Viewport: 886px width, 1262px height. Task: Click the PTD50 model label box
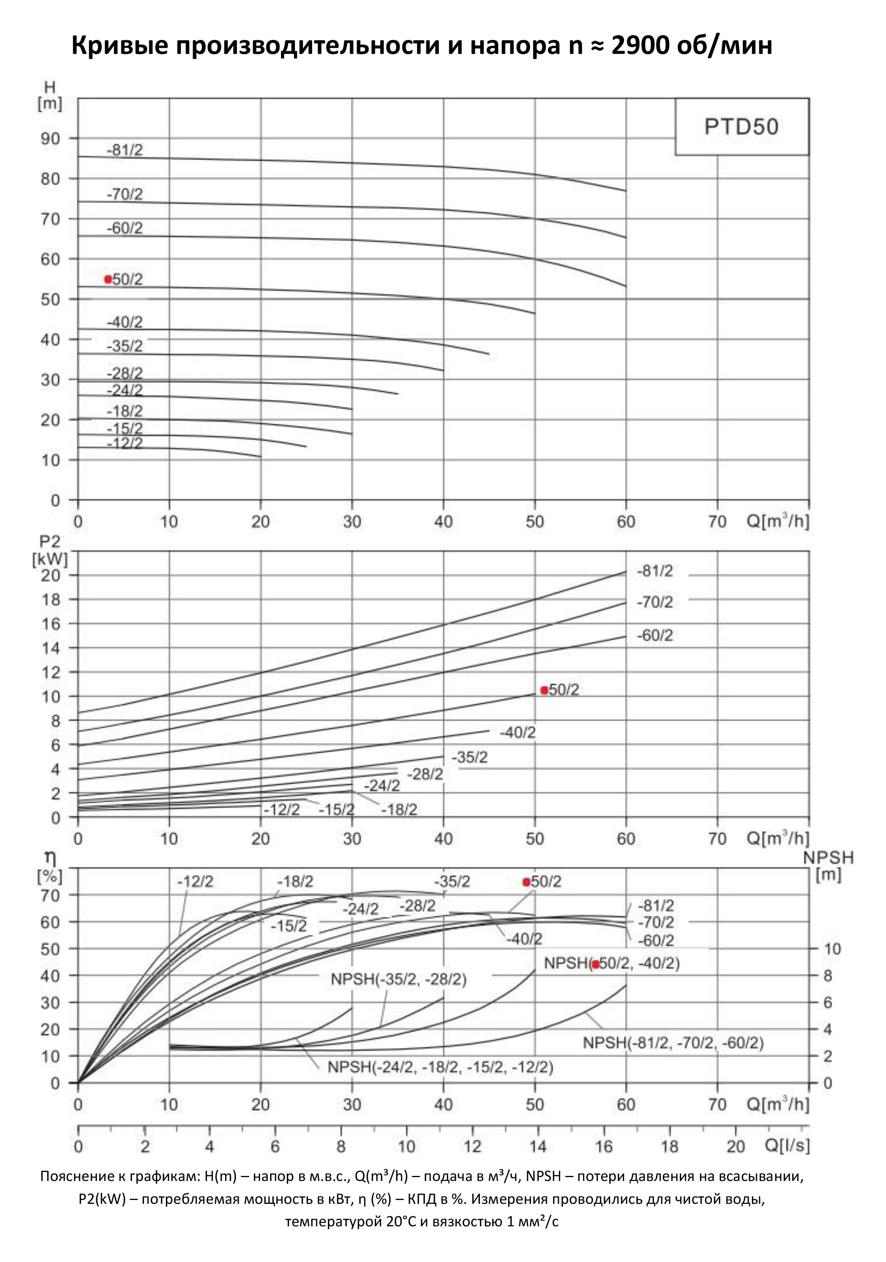[741, 127]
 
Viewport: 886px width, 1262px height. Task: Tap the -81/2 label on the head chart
[125, 150]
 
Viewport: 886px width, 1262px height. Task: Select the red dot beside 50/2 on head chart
[108, 279]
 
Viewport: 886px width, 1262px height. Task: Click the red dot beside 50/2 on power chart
[544, 691]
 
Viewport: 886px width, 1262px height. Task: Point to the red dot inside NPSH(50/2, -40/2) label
[595, 964]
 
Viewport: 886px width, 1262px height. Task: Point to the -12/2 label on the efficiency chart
[195, 882]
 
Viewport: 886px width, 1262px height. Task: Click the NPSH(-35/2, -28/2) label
[398, 979]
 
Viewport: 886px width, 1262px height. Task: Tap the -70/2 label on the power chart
[655, 603]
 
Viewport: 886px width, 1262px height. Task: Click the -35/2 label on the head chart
[125, 346]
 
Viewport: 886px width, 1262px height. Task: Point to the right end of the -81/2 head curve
[626, 191]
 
